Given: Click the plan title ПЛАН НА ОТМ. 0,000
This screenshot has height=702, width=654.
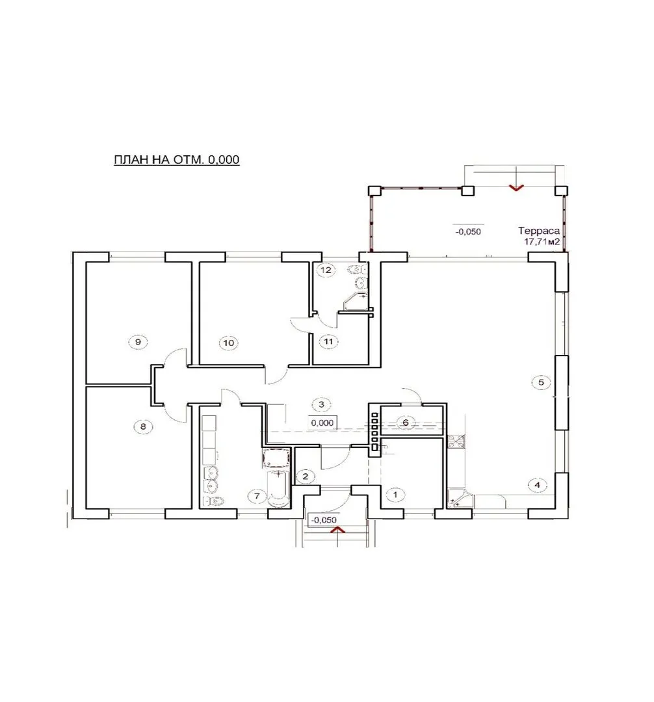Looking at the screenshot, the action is tap(177, 159).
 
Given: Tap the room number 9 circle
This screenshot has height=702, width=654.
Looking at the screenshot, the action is tap(138, 342).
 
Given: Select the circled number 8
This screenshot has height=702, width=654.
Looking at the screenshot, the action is tap(143, 426).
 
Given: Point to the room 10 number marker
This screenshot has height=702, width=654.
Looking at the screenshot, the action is tap(228, 343).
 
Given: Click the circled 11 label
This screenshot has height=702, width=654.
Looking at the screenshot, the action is tap(328, 342).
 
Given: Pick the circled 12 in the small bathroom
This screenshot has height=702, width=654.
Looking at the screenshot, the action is tap(326, 270).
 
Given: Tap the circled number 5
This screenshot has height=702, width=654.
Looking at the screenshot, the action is tap(541, 382).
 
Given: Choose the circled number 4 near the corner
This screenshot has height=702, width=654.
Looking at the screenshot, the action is tap(537, 485).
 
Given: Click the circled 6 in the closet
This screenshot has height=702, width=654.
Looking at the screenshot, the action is tap(406, 422).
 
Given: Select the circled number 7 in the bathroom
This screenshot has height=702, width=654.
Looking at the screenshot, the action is tap(257, 496).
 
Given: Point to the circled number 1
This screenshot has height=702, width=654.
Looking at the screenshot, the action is tap(395, 495).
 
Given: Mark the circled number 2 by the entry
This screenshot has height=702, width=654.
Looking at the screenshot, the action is tap(306, 476).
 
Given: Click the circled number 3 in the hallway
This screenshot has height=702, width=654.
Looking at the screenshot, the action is tap(321, 405).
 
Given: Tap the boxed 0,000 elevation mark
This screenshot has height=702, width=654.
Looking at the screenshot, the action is tap(322, 422).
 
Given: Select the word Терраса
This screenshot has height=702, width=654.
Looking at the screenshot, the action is tap(539, 231).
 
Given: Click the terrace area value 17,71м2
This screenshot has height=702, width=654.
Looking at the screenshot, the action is tap(542, 242).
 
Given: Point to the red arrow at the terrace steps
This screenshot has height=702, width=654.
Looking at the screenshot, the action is tap(517, 188).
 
